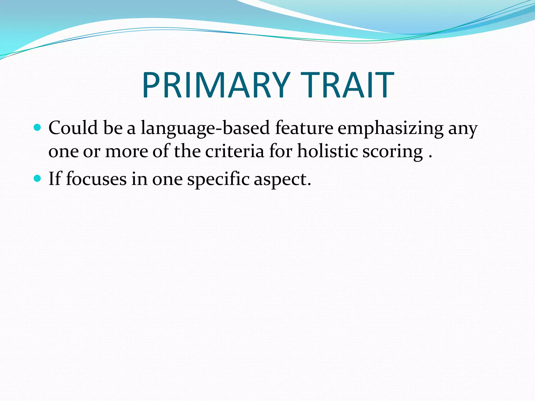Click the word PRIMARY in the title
pos(216,85)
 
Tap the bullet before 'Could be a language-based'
pos(38,128)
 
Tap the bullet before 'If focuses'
pos(38,179)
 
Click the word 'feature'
pos(304,128)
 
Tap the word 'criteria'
pos(234,151)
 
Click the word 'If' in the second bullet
pos(55,179)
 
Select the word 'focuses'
pos(96,179)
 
